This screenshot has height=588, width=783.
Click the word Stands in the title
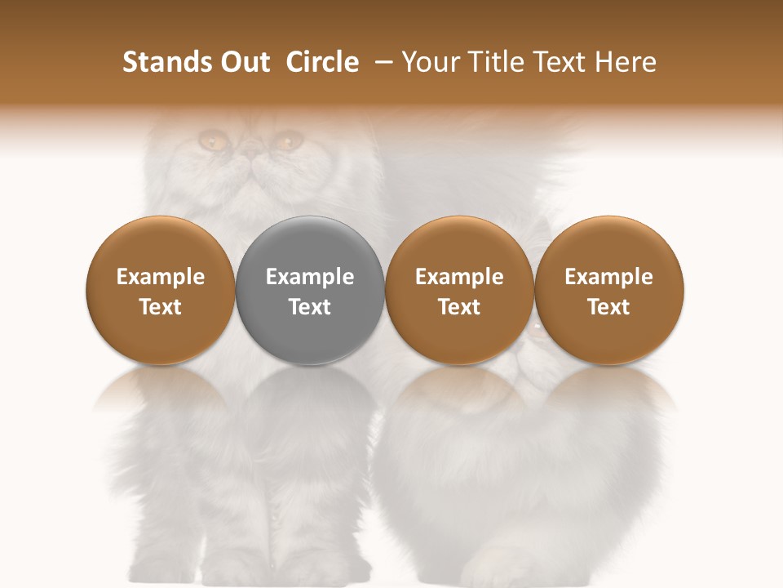159,62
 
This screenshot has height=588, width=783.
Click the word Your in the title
429,63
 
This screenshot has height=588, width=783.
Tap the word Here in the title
629,62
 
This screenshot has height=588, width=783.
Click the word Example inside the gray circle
310,277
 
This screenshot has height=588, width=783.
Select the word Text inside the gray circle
310,307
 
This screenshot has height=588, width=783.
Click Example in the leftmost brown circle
161,277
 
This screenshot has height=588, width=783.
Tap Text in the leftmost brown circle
161,307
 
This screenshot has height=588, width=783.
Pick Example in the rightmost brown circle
608,277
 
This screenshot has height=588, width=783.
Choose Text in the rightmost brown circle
608,307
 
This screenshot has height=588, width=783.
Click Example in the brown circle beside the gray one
459,277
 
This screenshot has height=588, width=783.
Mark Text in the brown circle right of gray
459,307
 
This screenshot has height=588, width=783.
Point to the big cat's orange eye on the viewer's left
214,141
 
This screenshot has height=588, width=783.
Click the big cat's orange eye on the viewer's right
286,141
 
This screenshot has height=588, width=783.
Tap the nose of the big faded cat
250,152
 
